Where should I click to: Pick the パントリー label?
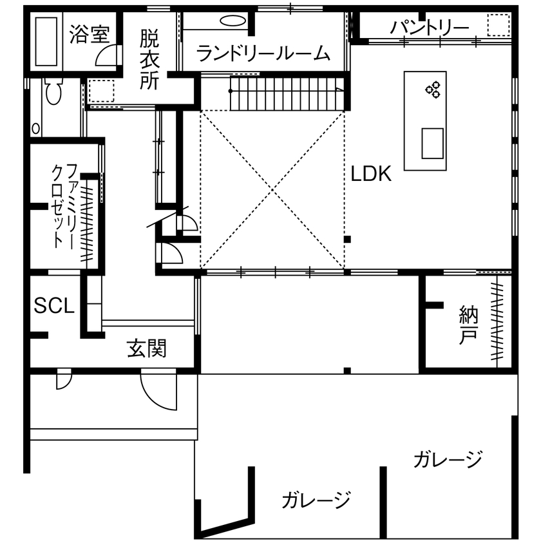point(430,28)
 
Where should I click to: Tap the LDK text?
point(372,175)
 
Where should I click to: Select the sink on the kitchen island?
point(433,143)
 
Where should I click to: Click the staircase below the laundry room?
point(287,93)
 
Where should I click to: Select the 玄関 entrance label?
point(146,348)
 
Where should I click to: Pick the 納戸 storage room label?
point(468,325)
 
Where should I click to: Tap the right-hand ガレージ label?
point(448,460)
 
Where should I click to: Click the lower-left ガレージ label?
point(316,499)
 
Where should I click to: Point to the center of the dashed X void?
point(272,189)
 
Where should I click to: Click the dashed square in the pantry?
point(498,26)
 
